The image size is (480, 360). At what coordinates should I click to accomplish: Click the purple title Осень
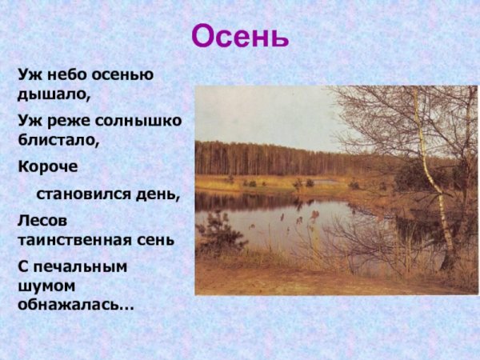coord(240,37)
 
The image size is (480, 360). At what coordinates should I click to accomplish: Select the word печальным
coord(80,266)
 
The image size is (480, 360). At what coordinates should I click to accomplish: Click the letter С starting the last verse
coord(23,266)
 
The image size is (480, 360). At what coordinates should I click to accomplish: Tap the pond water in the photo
coord(272,216)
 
